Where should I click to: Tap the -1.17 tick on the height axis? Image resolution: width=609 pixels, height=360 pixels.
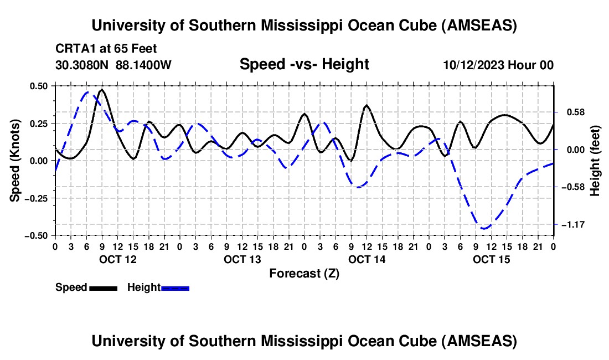click(571, 225)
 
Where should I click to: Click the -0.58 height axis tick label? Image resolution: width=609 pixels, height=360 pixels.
click(571, 187)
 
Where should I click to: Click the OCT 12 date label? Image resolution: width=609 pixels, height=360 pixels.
click(118, 259)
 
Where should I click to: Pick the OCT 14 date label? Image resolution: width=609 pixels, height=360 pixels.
click(367, 259)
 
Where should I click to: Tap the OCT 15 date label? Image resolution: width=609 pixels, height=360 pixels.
click(491, 259)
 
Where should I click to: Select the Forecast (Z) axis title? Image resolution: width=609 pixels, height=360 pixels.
click(304, 273)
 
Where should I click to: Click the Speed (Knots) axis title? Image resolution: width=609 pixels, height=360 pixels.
click(16, 161)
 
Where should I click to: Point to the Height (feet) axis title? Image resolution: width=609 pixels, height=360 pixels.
click(595, 161)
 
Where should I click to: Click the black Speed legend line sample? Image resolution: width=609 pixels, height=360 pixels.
click(103, 288)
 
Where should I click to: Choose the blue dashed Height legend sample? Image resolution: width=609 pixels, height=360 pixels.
click(175, 288)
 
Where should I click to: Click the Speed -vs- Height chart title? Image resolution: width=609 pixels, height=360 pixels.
click(304, 64)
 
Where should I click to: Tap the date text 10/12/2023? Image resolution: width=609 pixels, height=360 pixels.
click(473, 65)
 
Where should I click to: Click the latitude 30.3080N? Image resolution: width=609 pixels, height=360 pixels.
click(82, 65)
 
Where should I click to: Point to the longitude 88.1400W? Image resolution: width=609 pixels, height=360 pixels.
click(144, 65)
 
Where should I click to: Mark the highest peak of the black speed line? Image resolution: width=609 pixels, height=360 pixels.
click(102, 90)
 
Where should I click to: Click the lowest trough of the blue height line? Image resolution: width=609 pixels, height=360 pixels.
click(484, 228)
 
